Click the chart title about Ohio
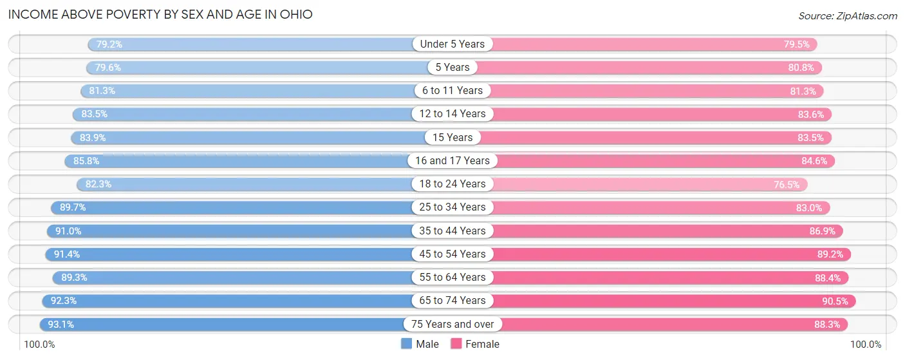click(x=160, y=14)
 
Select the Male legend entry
click(x=420, y=344)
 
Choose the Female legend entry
click(x=474, y=344)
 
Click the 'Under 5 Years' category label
click(x=452, y=44)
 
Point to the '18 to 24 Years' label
click(x=452, y=184)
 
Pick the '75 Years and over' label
click(x=452, y=324)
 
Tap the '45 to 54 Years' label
click(x=452, y=254)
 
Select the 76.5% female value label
click(x=787, y=184)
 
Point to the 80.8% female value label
click(x=801, y=68)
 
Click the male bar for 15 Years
click(x=257, y=137)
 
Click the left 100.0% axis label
click(x=39, y=345)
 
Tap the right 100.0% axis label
click(x=866, y=345)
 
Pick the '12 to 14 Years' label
click(x=452, y=114)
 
